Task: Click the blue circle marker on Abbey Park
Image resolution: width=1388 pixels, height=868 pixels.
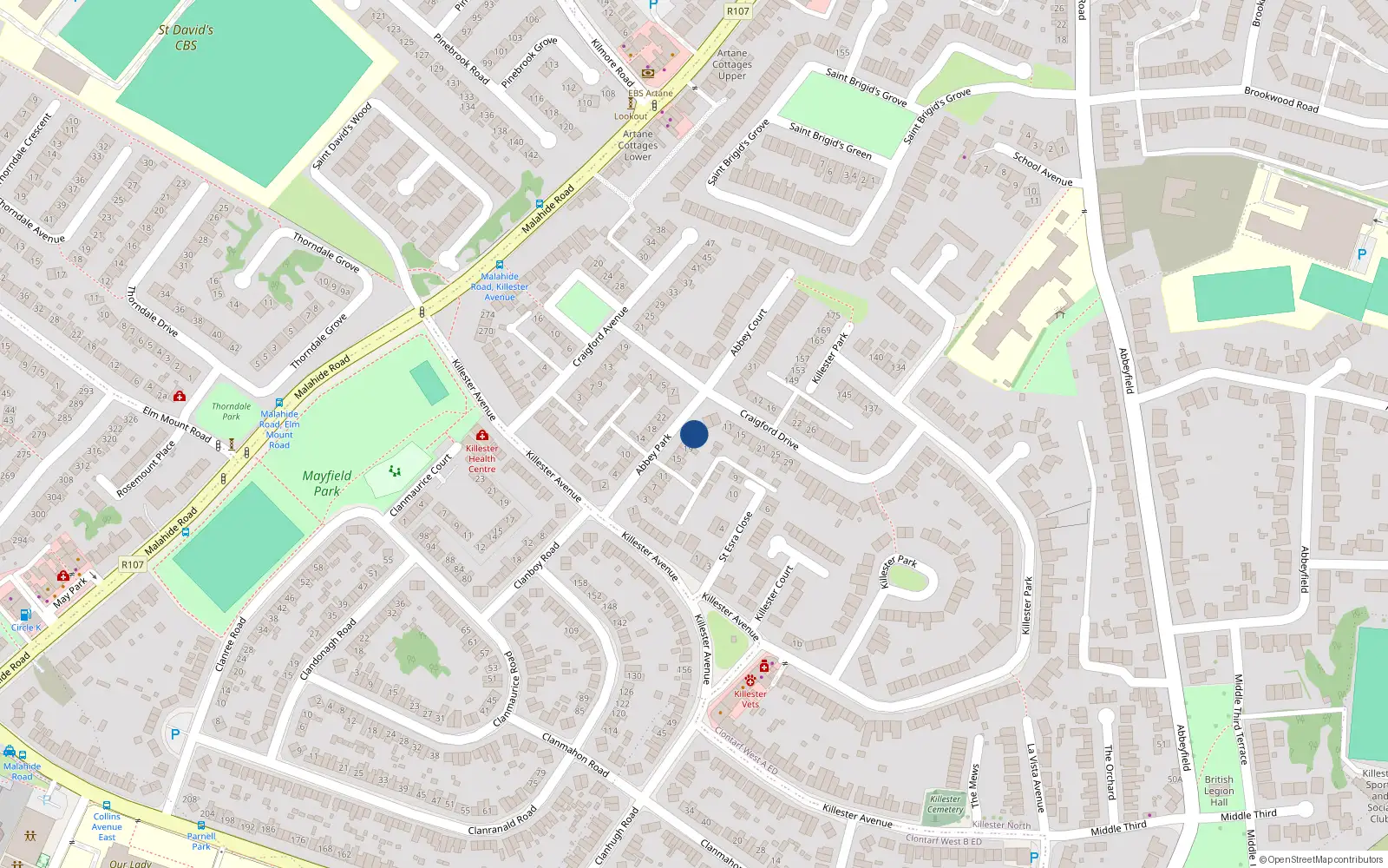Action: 694,434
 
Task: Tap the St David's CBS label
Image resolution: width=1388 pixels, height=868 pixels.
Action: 186,37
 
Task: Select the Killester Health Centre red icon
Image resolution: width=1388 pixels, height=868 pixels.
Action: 482,435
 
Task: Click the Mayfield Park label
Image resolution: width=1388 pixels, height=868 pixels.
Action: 327,483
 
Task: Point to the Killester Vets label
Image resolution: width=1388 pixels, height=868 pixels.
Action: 750,699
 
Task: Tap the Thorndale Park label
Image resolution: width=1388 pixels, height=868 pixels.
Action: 232,411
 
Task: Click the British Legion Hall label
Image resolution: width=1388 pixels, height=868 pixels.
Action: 1219,791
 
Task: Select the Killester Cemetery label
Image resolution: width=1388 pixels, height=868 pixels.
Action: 946,805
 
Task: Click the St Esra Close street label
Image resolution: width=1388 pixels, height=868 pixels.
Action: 736,536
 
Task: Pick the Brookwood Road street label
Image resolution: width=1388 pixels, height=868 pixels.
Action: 1280,99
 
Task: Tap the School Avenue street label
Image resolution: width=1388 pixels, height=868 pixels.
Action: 1043,168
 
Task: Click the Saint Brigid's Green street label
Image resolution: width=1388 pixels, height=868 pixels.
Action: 830,141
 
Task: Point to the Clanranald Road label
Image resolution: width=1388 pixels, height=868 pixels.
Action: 502,821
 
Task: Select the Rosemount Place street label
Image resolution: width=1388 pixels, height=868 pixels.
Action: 146,469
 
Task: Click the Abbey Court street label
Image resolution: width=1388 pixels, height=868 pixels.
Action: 748,332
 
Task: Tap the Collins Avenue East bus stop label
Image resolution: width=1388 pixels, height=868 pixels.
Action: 107,826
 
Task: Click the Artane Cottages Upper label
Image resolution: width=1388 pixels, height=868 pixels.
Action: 732,64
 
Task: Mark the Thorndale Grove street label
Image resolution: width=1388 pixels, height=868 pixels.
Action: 326,252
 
